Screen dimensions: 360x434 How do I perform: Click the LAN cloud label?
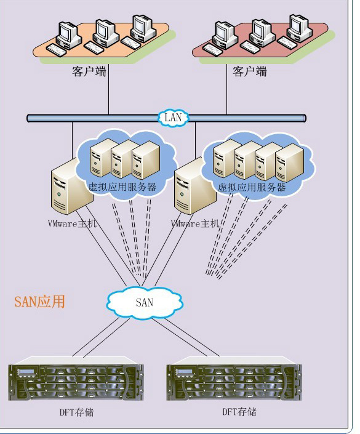tap(173, 118)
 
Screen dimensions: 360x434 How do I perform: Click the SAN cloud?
tap(145, 302)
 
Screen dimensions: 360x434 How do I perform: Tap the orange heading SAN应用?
tap(39, 301)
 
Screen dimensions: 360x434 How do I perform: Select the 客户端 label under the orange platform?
tap(89, 71)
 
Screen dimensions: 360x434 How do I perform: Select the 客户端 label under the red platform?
tap(250, 71)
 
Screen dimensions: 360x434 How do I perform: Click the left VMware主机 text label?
tap(73, 223)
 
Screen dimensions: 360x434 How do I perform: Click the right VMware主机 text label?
tap(195, 223)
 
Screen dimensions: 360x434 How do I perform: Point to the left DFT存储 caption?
tap(77, 412)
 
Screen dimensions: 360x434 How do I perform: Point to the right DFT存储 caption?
tap(239, 412)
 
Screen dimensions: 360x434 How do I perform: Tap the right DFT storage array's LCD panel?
tap(184, 372)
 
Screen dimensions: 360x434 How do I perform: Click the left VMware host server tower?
tap(71, 187)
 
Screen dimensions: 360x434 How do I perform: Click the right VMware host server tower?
tap(195, 187)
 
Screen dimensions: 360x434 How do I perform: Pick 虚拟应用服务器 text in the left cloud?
tap(122, 187)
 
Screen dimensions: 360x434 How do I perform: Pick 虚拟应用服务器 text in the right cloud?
tap(252, 187)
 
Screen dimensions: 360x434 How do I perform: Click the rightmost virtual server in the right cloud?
tap(289, 163)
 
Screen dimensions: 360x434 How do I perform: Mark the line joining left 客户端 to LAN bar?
tap(108, 89)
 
